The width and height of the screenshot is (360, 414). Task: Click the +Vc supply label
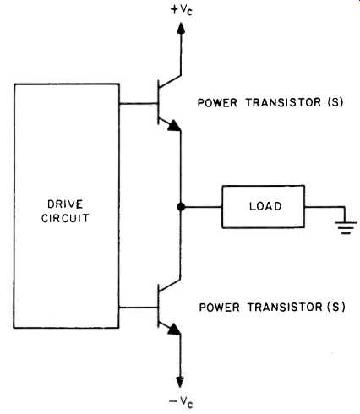(x=182, y=10)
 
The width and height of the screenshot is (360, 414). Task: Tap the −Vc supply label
(x=181, y=401)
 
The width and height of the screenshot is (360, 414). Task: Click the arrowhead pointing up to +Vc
(x=181, y=28)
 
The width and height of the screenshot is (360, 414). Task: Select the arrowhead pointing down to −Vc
(x=180, y=382)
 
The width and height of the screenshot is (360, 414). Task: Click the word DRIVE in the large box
(x=65, y=204)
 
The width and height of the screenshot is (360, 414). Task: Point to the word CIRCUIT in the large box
(x=65, y=218)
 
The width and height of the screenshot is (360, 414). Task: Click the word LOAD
(x=265, y=206)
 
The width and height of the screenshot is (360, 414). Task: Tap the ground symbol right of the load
(x=346, y=228)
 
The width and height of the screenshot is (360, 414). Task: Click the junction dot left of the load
(x=181, y=207)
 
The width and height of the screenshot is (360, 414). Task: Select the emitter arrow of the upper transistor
(x=173, y=126)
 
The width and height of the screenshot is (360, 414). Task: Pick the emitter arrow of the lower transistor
(x=173, y=329)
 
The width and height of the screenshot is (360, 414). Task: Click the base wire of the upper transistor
(x=138, y=104)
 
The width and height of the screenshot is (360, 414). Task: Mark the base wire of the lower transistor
(x=138, y=308)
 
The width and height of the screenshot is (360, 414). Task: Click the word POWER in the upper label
(x=217, y=102)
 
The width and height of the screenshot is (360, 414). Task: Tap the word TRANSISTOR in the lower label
(x=285, y=307)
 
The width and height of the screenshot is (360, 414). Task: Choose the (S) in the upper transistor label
(x=335, y=102)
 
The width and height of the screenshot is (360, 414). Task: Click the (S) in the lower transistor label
(x=336, y=307)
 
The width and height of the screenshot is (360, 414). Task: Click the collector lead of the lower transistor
(x=170, y=285)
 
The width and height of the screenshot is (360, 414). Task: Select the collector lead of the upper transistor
(x=170, y=81)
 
